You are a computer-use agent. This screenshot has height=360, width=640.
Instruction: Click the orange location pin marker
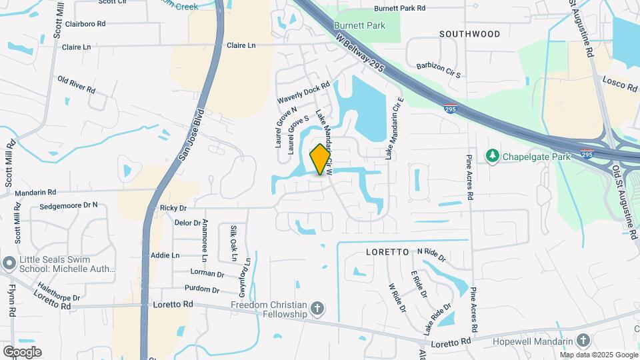pos(321,159)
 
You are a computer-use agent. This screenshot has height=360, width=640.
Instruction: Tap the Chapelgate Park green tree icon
pos(493,155)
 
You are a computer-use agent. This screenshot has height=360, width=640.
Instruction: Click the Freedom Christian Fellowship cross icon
pos(318,309)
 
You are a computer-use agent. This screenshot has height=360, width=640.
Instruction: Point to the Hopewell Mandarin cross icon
pos(584,341)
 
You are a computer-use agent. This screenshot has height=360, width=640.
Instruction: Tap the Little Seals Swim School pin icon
pos(9,263)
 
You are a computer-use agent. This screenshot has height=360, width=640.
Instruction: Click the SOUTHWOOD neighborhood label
pos(469,34)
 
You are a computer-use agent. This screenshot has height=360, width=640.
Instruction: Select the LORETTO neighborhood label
pos(387,253)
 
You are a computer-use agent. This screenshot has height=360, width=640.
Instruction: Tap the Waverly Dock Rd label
pos(304,93)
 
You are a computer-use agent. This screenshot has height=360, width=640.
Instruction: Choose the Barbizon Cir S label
pos(439,70)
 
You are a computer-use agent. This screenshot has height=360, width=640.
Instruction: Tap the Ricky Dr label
pos(173,208)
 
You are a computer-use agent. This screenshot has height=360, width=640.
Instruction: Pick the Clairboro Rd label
pos(83,23)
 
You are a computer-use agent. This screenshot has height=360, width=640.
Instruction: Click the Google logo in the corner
pos(22,352)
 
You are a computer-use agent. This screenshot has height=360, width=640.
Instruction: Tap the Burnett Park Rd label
pos(399,9)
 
